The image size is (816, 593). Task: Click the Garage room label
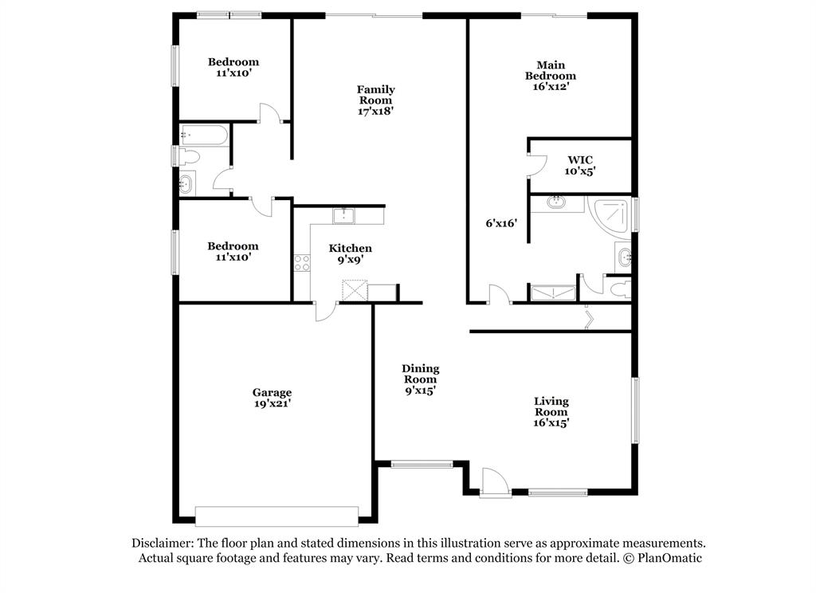272,398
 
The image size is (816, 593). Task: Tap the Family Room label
375,100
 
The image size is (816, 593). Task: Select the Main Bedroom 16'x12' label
551,76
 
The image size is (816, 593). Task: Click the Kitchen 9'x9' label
351,253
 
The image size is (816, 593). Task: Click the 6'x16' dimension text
501,223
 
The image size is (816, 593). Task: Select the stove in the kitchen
302,263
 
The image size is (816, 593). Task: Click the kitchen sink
343,215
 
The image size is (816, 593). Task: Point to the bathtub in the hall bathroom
203,135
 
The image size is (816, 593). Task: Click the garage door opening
277,516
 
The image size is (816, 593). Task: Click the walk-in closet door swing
536,166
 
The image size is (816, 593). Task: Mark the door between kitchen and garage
326,312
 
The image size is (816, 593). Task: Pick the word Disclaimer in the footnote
163,543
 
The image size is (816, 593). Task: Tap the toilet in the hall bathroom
188,156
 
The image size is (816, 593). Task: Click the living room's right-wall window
635,410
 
